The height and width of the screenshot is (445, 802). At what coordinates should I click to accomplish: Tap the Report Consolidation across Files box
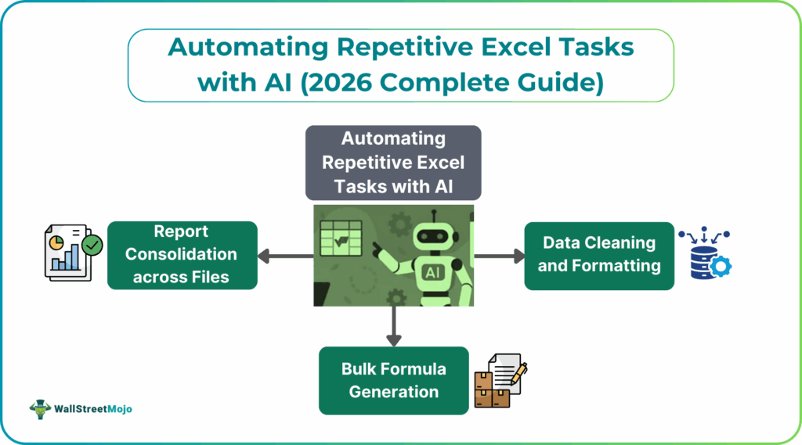182,255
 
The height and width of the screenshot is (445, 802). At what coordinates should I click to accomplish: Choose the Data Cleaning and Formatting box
599,255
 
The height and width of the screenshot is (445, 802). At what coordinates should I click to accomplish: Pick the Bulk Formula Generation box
393,380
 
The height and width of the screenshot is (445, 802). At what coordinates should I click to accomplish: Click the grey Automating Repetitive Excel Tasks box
393,163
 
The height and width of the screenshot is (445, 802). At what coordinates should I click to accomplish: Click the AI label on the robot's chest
432,272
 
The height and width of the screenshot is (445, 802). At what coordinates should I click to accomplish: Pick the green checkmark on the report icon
92,246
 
